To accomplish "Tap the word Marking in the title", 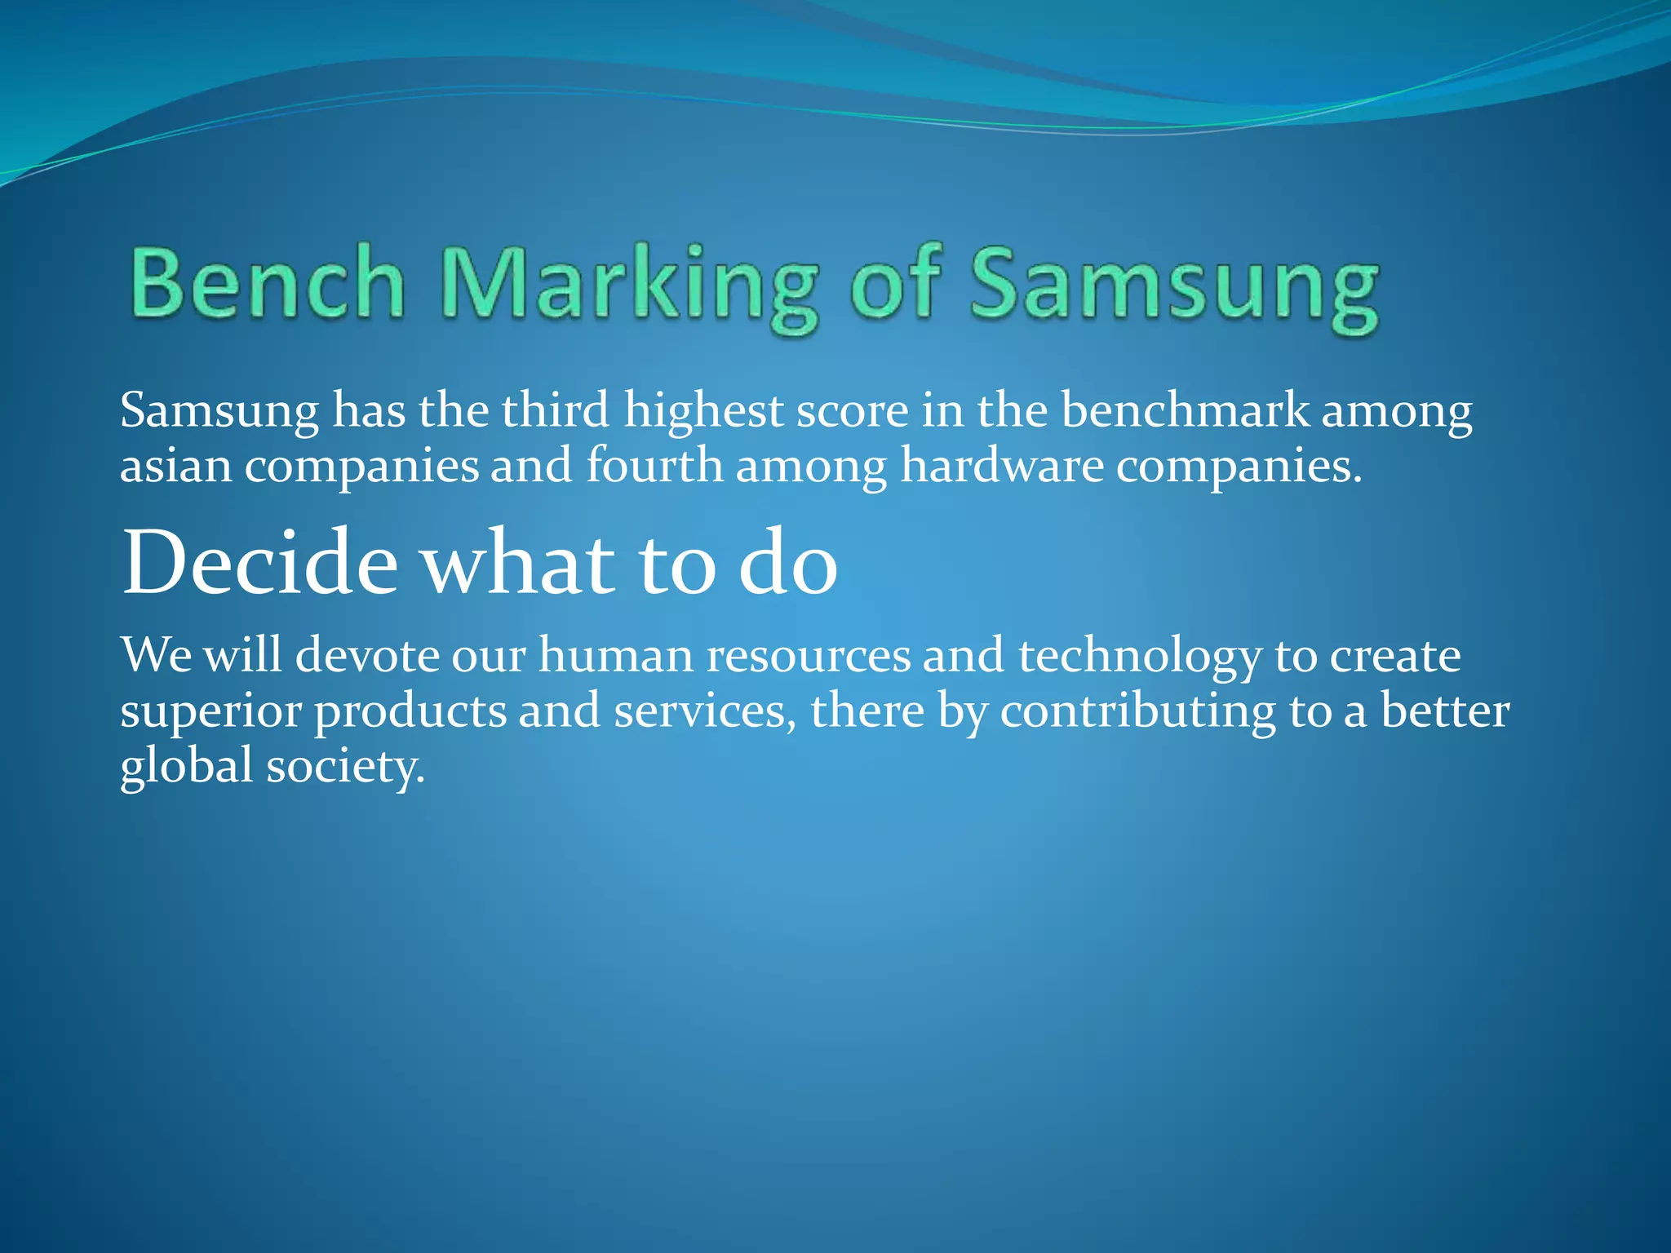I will point(628,286).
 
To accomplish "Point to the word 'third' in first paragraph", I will point(555,410).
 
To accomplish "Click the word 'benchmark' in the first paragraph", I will point(1185,410).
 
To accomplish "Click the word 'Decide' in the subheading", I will point(259,563).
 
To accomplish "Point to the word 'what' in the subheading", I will point(519,563).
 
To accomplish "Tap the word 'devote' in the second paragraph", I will point(366,655).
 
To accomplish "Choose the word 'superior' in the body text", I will point(211,711).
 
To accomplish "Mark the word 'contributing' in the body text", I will point(1138,711).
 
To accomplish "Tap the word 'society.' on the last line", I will point(346,767).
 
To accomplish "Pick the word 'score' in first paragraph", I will point(852,410).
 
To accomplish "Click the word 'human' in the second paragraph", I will point(615,655).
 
